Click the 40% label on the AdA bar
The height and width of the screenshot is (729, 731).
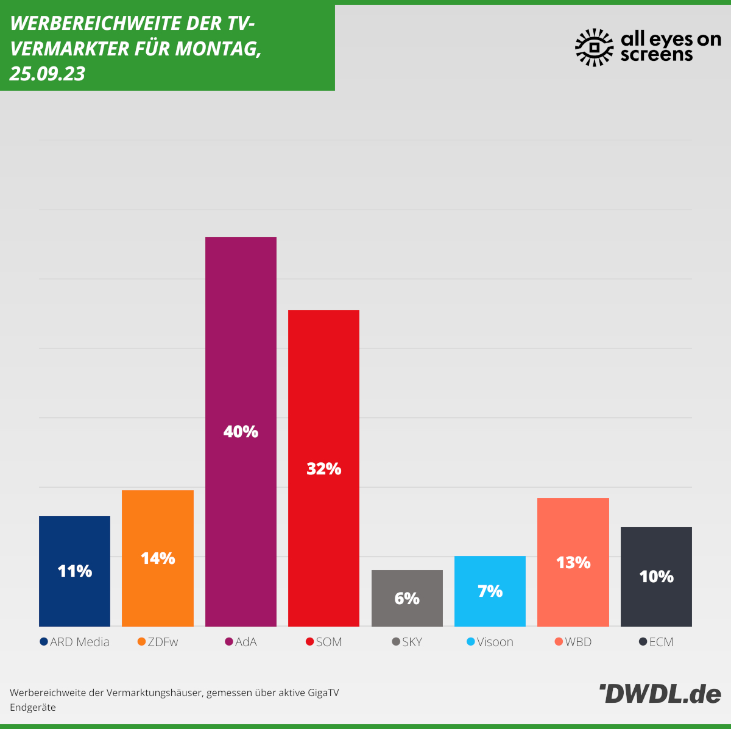241,432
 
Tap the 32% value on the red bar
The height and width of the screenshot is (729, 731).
323,469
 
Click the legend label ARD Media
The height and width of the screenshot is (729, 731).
80,642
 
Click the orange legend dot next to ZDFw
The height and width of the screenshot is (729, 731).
142,642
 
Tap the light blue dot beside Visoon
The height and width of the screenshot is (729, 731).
471,642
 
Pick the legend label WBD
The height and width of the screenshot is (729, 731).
578,642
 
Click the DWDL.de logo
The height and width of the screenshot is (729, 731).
660,694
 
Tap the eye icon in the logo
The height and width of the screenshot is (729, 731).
595,48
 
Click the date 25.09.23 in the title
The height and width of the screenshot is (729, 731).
48,74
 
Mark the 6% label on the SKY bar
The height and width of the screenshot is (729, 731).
407,599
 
